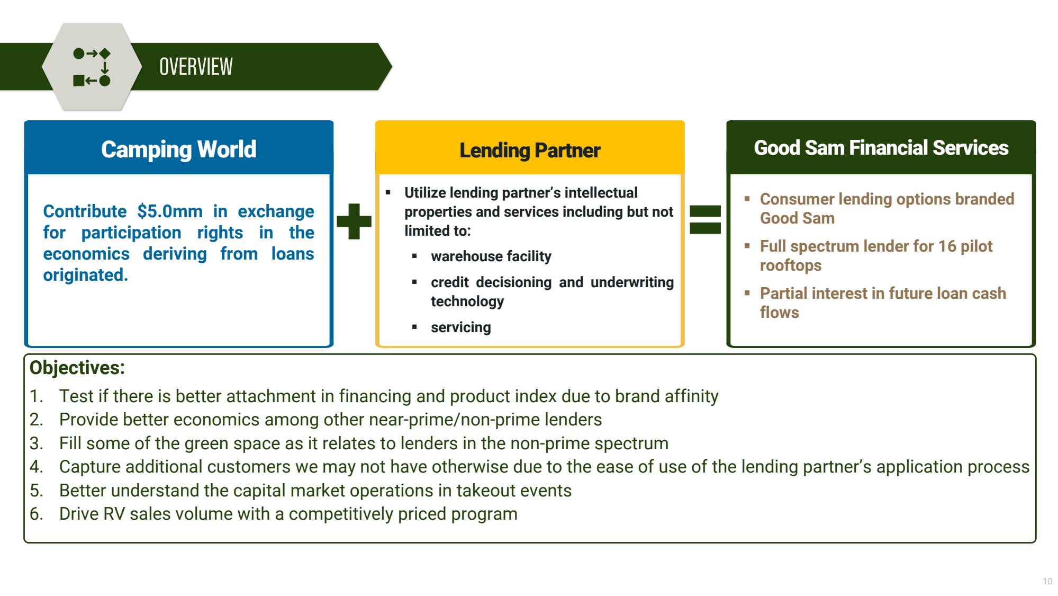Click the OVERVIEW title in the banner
click(x=196, y=67)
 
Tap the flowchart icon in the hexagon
click(x=92, y=67)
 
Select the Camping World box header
click(x=179, y=149)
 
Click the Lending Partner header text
click(x=530, y=150)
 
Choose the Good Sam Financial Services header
click(x=881, y=148)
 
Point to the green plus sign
click(x=354, y=221)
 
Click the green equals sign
click(x=705, y=220)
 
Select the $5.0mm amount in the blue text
click(x=169, y=211)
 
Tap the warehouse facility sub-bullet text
click(x=491, y=256)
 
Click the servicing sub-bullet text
click(x=460, y=327)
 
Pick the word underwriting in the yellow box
click(x=632, y=282)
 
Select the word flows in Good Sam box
click(x=779, y=313)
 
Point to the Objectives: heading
click(x=77, y=368)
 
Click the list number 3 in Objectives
click(x=36, y=443)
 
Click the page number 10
click(x=1047, y=581)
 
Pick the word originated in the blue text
click(x=85, y=275)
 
